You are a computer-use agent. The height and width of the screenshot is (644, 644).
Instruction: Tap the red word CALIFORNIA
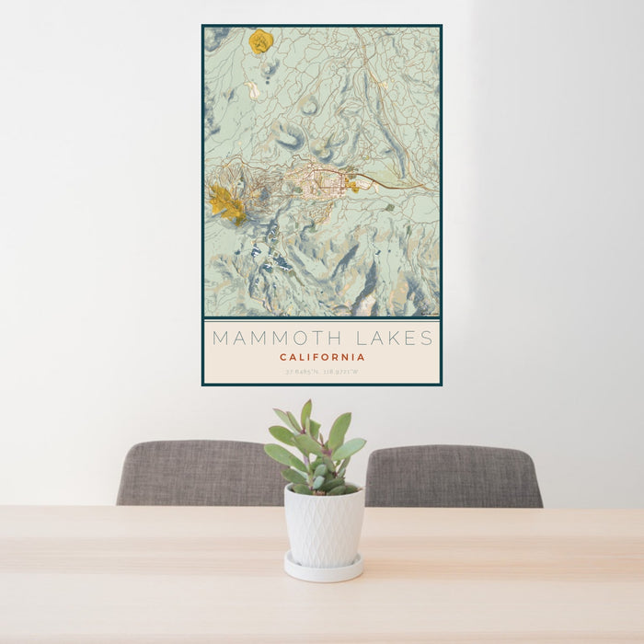(322, 357)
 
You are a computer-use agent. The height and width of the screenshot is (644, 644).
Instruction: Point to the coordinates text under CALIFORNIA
(322, 372)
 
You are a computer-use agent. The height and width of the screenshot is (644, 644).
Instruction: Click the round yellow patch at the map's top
(260, 40)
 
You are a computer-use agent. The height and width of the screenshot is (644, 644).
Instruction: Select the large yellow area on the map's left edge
(224, 203)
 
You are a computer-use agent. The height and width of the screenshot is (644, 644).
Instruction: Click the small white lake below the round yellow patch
(251, 89)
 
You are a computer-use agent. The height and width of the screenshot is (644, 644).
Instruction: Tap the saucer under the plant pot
(323, 569)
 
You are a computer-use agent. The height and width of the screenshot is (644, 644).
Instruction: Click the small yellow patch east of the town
(352, 186)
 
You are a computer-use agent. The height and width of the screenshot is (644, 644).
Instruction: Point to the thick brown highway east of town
(396, 181)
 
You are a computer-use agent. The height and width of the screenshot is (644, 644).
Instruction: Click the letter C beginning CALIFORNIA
(283, 357)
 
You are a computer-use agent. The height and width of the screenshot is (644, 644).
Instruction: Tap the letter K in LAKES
(390, 338)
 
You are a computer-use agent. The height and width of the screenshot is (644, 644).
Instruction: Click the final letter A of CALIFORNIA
(362, 357)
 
